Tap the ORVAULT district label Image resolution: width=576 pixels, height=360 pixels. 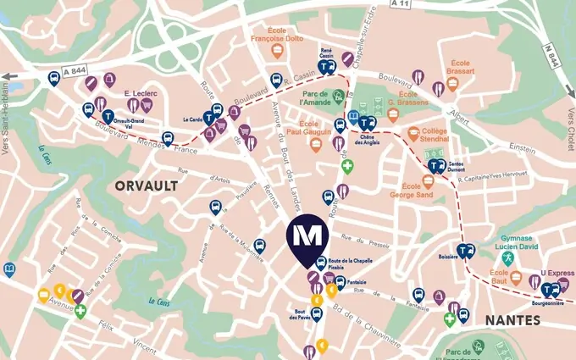pos(147,185)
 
